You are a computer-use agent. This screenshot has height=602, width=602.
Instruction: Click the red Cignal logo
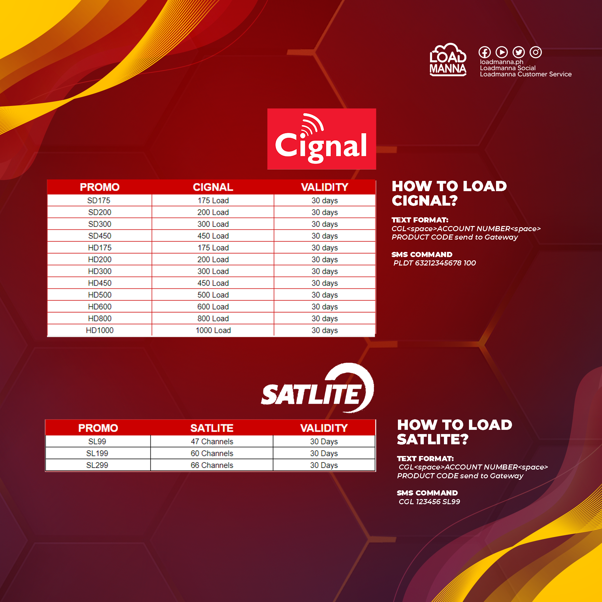[321, 139]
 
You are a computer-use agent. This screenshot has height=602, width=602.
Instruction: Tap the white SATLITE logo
[317, 388]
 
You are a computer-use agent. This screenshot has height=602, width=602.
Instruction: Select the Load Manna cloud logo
[448, 60]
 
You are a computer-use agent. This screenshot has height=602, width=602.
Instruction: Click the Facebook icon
[485, 52]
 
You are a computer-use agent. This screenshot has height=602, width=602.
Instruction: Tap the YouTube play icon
[502, 52]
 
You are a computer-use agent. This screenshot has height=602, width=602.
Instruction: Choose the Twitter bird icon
[519, 52]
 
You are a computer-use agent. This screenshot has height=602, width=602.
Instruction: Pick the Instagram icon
[536, 52]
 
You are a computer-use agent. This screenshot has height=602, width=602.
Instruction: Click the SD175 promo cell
[99, 200]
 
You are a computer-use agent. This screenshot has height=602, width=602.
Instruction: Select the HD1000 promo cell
[99, 330]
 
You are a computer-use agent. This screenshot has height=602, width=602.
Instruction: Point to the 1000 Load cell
[213, 330]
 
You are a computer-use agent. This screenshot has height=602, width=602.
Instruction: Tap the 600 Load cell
[213, 307]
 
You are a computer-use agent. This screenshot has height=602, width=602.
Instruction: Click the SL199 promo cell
[98, 453]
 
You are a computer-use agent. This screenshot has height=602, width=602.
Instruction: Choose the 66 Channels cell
[212, 465]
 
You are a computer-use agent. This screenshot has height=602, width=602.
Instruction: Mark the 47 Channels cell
[212, 441]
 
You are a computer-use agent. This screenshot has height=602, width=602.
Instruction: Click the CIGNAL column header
[213, 187]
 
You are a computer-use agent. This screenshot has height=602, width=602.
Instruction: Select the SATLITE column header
[212, 428]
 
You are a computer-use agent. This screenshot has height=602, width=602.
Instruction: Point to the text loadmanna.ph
[502, 62]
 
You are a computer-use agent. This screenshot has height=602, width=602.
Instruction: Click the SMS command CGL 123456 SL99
[430, 501]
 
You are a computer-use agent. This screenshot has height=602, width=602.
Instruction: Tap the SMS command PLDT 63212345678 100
[435, 263]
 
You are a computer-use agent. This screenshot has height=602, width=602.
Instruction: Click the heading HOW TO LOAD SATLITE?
[455, 432]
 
